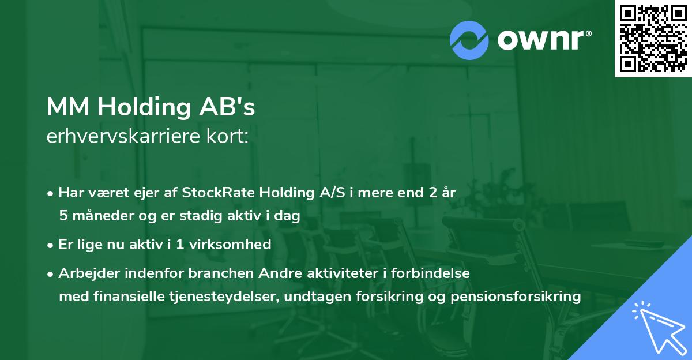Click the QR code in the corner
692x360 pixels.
[x=653, y=38]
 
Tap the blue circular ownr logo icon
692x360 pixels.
[x=469, y=40]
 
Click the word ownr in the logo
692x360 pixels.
[x=543, y=40]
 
